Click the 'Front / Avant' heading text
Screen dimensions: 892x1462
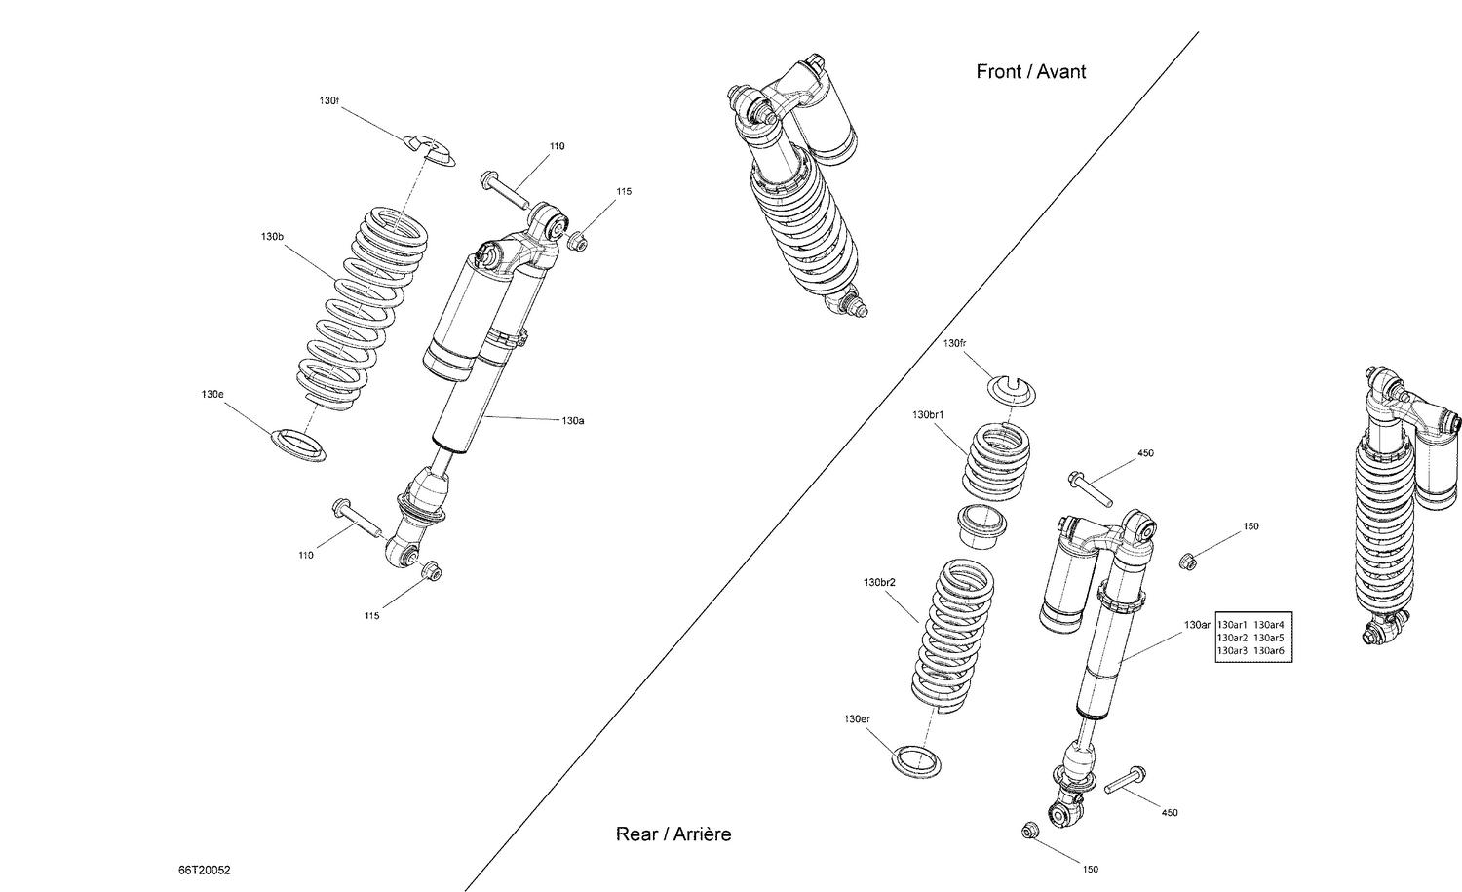1030,71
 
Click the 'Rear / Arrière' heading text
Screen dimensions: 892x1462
673,834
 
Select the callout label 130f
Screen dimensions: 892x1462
329,100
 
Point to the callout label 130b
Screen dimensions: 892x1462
272,237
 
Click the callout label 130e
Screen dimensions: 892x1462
212,395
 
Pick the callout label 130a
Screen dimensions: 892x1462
572,421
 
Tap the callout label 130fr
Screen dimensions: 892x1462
954,343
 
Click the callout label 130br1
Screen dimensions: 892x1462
928,414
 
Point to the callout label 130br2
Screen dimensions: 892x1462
879,583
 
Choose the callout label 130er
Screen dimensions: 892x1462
857,719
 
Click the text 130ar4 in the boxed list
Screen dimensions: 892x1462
1268,625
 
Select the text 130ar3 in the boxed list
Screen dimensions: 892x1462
1232,650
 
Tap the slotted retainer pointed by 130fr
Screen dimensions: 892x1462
1013,387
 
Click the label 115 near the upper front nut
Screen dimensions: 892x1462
624,191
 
